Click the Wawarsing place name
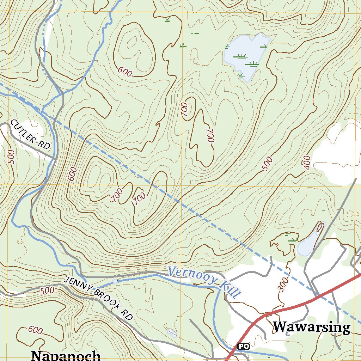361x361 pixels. pos(311,327)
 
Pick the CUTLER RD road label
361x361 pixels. pos(30,134)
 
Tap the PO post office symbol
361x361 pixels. pos(243,346)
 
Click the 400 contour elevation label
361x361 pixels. pos(306,162)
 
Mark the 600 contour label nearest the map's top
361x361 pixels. pos(125,72)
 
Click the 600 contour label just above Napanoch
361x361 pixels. pos(35,330)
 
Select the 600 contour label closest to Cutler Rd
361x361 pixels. pos(72,174)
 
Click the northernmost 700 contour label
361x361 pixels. pos(184,110)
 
